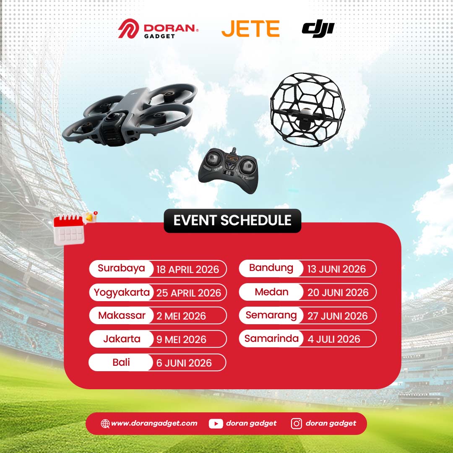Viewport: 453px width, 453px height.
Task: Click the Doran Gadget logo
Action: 158,29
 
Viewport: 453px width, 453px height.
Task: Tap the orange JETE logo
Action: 250,29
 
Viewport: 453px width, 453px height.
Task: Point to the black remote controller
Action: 228,171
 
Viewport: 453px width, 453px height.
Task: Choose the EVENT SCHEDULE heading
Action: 232,221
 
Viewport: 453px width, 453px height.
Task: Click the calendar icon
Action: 69,229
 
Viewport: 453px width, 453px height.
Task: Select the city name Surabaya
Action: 121,268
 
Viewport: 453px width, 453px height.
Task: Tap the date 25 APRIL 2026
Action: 189,293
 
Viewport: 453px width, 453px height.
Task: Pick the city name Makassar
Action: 122,315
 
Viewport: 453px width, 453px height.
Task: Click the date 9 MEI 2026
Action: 181,339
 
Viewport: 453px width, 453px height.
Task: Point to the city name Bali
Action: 121,362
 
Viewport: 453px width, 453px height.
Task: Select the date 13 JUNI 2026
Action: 336,269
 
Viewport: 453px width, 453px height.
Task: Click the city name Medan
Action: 271,292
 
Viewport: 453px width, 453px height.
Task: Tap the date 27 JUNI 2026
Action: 337,316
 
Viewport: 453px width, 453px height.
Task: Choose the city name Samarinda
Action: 271,338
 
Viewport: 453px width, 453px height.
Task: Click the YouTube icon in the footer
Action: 216,424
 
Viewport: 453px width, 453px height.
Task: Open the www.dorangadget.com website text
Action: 154,424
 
